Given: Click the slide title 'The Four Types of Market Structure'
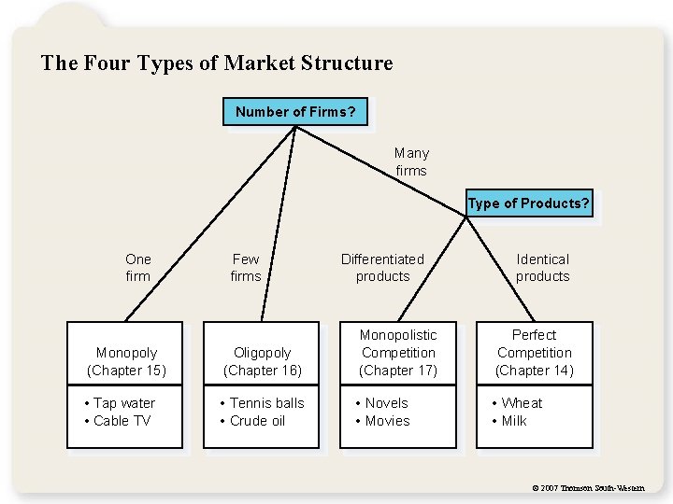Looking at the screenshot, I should pyautogui.click(x=217, y=63).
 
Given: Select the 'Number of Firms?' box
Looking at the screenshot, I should pyautogui.click(x=295, y=112).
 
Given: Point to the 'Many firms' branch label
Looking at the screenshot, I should pyautogui.click(x=411, y=161).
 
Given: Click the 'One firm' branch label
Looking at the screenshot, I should pyautogui.click(x=137, y=267).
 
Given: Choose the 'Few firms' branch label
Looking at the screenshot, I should pyautogui.click(x=246, y=267).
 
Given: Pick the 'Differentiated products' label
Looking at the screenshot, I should pyautogui.click(x=382, y=267).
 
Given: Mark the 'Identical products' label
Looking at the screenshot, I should pyautogui.click(x=542, y=267).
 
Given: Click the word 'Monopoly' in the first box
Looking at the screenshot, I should pyautogui.click(x=126, y=353).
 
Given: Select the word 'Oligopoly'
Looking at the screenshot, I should pyautogui.click(x=263, y=353).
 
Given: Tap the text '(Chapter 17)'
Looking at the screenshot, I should pyautogui.click(x=398, y=371).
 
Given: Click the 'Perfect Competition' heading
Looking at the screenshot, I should pyautogui.click(x=535, y=343).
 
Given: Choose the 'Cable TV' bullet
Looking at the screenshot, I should pyautogui.click(x=122, y=421).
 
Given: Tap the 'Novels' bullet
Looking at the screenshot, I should pyautogui.click(x=386, y=403).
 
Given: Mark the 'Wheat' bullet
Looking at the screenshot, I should pyautogui.click(x=522, y=403).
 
